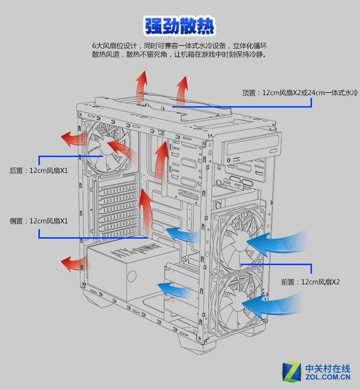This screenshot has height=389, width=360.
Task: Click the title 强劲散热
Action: tap(179, 26)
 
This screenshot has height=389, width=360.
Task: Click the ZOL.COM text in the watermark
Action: tap(328, 378)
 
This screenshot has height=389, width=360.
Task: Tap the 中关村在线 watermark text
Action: tap(328, 368)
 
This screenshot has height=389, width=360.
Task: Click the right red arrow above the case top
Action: tap(182, 91)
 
